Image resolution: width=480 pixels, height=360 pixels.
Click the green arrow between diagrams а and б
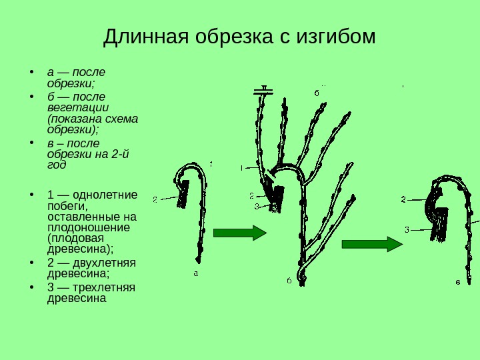pyautogui.click(x=239, y=233)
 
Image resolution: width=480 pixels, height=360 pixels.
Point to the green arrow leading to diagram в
pyautogui.click(x=372, y=243)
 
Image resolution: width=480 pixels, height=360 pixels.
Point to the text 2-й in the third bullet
pyautogui.click(x=120, y=155)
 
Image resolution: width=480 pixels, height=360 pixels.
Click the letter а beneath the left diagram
pyautogui.click(x=196, y=273)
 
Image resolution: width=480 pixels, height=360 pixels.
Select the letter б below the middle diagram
pyautogui.click(x=289, y=281)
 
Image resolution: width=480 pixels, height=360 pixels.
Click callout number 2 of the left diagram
pyautogui.click(x=155, y=199)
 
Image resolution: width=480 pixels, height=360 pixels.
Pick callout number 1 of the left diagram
pyautogui.click(x=211, y=164)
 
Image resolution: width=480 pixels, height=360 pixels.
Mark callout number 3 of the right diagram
pyautogui.click(x=406, y=230)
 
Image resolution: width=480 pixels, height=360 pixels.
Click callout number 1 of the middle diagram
pyautogui.click(x=241, y=168)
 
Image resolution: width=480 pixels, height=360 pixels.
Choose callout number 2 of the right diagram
pyautogui.click(x=403, y=199)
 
